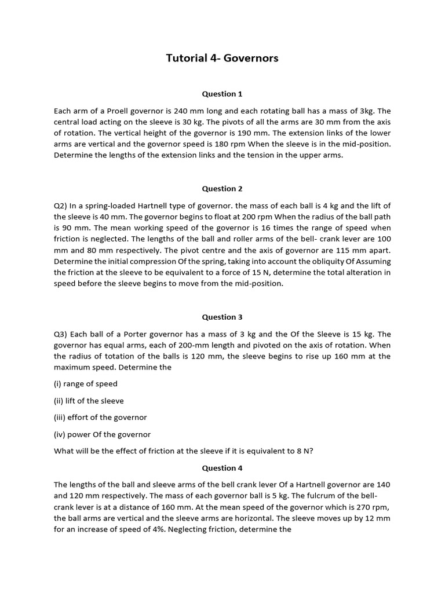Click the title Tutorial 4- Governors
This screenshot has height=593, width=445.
(x=222, y=58)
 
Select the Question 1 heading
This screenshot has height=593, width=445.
(x=222, y=94)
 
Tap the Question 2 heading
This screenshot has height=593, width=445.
(x=222, y=189)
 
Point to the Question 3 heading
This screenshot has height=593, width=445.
(x=222, y=317)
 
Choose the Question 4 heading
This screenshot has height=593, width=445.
(x=222, y=468)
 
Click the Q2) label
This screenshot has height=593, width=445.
(x=62, y=206)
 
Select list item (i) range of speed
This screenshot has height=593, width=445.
(x=86, y=384)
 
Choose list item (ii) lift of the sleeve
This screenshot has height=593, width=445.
(x=89, y=401)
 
